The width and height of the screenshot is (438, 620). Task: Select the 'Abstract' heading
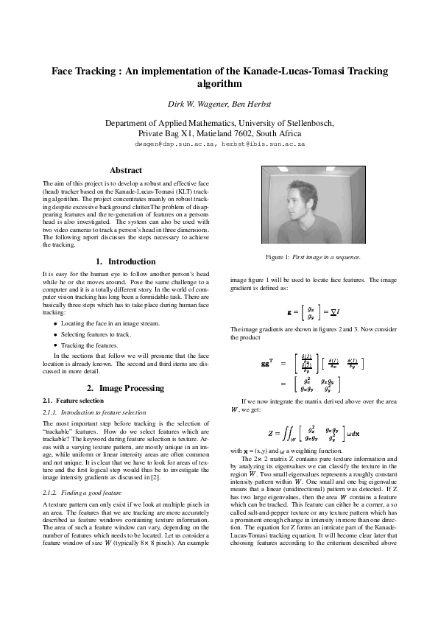tap(126, 170)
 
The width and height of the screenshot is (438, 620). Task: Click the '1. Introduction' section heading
tap(126, 261)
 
